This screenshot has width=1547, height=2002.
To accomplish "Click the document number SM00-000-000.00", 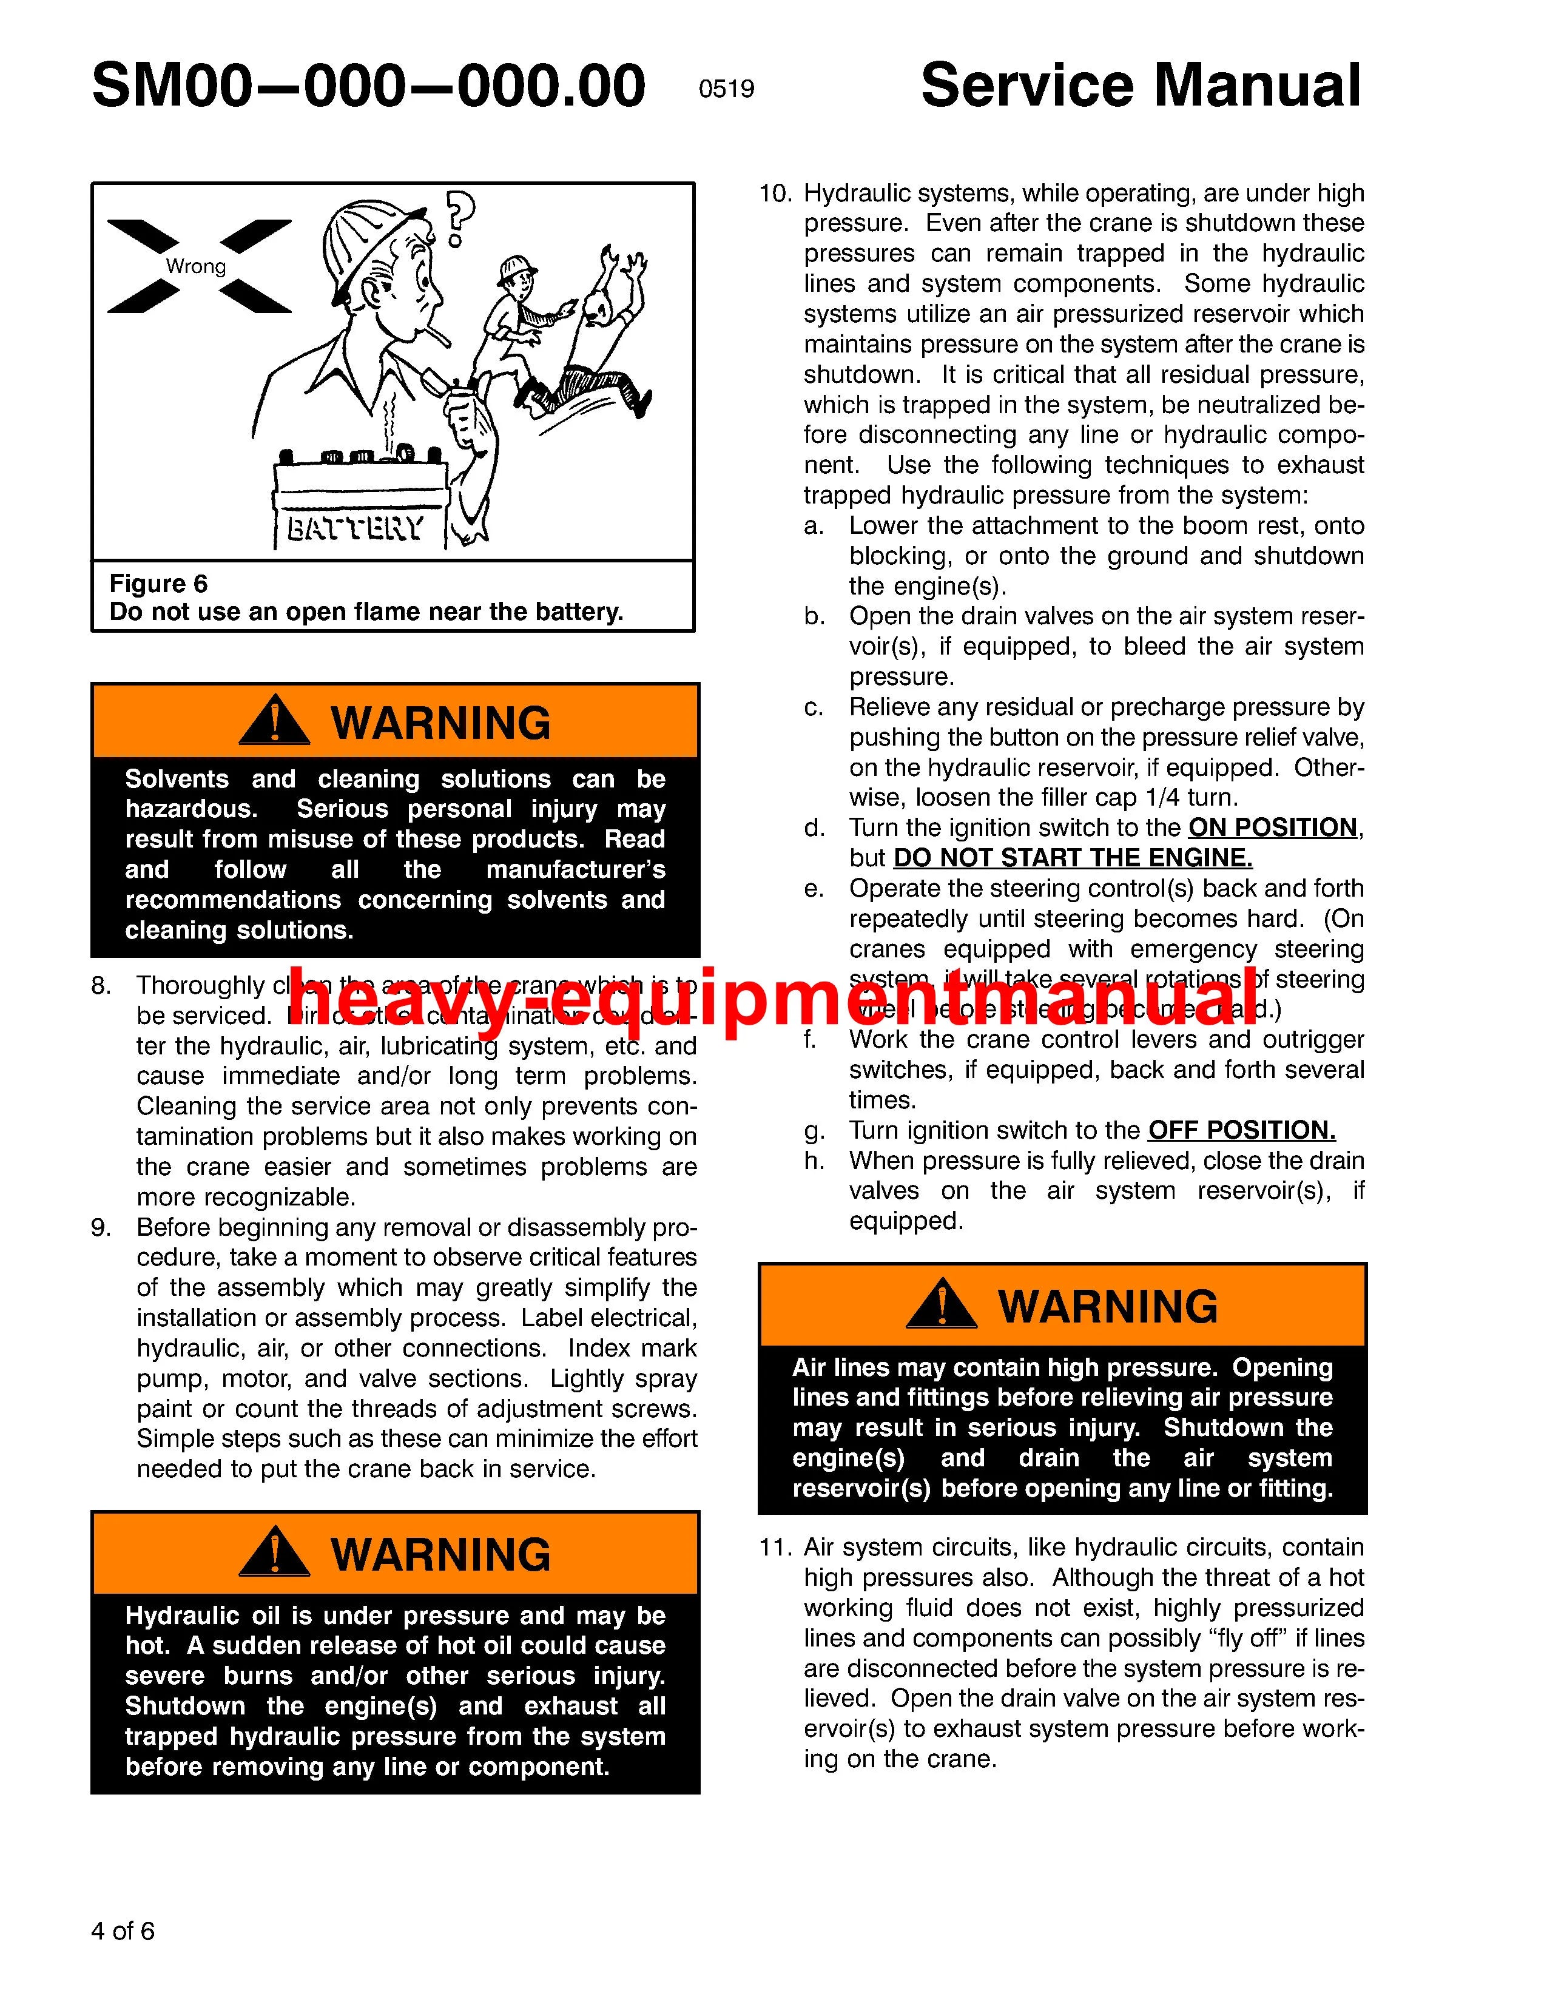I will click(x=368, y=87).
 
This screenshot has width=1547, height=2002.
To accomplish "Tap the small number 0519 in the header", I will click(x=726, y=90).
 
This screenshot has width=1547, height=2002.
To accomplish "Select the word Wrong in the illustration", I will click(x=195, y=267).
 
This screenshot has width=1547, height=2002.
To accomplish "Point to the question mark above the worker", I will click(x=459, y=218).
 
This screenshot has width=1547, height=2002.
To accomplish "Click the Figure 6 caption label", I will click(x=158, y=584).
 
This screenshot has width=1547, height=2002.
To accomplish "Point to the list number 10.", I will click(x=775, y=194).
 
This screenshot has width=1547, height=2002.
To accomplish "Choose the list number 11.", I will click(x=775, y=1548).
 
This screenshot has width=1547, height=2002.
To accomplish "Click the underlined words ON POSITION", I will click(x=1272, y=827).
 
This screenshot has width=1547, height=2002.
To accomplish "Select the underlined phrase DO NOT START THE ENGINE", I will click(x=1072, y=858).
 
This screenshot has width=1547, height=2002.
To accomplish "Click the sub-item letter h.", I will click(x=815, y=1161).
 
